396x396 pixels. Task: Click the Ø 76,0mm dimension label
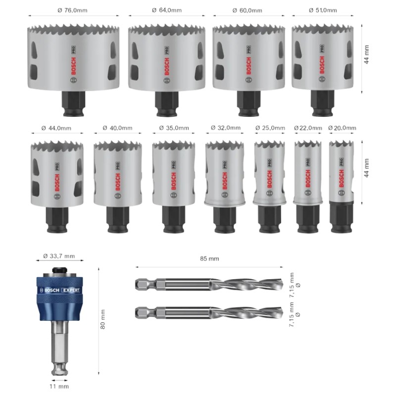point(72,10)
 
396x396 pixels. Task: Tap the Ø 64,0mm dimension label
point(167,10)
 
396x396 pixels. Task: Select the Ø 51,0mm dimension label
point(323,10)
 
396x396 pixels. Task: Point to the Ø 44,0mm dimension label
point(56,128)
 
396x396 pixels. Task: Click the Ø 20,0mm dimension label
point(342,128)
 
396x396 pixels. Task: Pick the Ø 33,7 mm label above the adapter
point(59,256)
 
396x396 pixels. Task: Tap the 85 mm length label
point(209,258)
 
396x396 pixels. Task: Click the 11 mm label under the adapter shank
point(59,386)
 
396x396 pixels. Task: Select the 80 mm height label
point(102,319)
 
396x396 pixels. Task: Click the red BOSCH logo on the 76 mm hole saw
point(73,66)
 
